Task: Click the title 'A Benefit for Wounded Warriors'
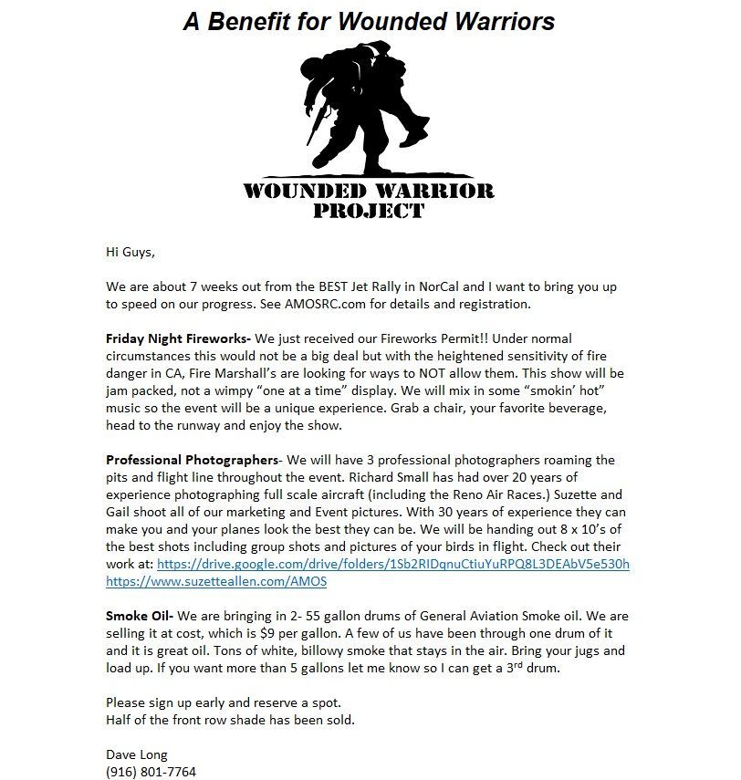(369, 21)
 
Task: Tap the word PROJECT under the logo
(368, 211)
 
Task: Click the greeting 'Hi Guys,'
(131, 252)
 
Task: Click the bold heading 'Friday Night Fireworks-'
(178, 338)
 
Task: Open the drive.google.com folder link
(393, 564)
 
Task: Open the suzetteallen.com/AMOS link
(216, 581)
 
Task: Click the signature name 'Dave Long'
(137, 754)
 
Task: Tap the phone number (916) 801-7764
(151, 772)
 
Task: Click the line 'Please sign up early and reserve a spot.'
(224, 702)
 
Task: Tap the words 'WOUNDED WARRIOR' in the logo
(368, 191)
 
